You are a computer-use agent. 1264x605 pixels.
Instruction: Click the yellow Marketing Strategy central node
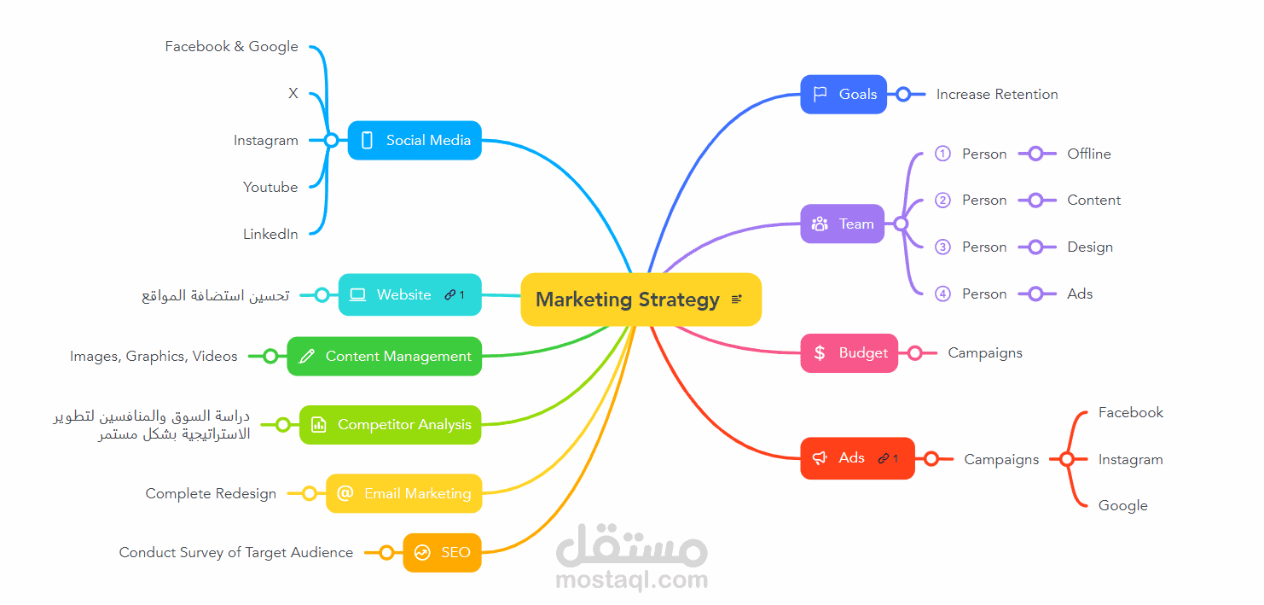click(641, 300)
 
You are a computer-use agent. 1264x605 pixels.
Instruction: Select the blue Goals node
click(844, 94)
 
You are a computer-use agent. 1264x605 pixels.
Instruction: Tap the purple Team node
click(843, 224)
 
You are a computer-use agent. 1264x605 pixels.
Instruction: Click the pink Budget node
click(849, 352)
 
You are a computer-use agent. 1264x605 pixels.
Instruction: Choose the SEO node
click(443, 552)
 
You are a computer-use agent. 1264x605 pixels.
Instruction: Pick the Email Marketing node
click(404, 493)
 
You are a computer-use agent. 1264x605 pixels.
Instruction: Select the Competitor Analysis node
click(391, 424)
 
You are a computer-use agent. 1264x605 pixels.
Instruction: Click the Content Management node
click(385, 356)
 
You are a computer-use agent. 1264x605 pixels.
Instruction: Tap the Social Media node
click(415, 140)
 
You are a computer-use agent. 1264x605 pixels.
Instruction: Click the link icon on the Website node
click(449, 294)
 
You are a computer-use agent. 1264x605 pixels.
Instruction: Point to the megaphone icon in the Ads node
click(820, 457)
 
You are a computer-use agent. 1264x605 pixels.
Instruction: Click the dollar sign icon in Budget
click(820, 352)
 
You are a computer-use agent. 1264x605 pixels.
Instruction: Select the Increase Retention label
click(997, 94)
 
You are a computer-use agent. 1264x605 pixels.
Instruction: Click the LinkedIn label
click(270, 234)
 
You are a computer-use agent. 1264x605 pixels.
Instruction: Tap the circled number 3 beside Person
click(942, 247)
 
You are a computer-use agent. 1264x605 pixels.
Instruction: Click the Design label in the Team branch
click(1090, 247)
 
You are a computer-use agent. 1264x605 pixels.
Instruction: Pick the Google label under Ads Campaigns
click(1123, 506)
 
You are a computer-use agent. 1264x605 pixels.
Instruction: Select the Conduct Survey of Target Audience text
click(236, 552)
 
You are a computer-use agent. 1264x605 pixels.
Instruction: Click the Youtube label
click(270, 187)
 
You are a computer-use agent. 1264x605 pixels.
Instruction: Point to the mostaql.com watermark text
click(631, 579)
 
